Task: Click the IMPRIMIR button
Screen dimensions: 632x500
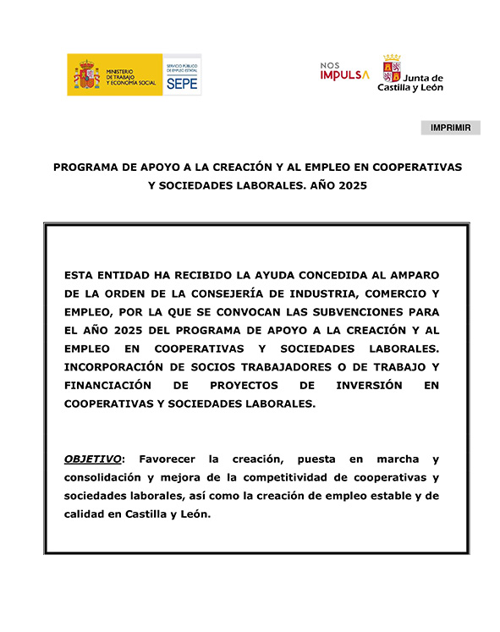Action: (450, 128)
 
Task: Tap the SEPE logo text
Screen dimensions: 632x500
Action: (182, 84)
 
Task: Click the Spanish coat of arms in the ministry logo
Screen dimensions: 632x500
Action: (87, 75)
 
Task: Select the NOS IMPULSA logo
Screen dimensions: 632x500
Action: (344, 71)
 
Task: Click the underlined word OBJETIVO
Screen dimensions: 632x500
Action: (93, 459)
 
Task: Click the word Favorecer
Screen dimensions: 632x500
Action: (166, 459)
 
